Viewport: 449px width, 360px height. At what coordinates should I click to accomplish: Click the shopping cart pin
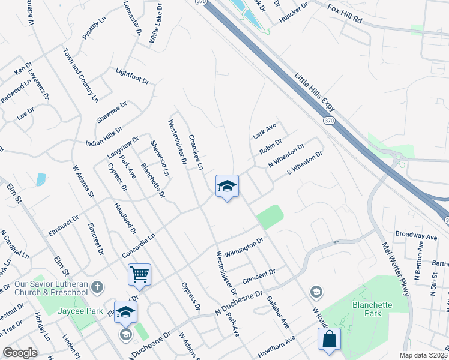[x=139, y=275]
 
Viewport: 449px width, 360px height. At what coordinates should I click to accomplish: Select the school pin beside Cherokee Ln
[x=227, y=186]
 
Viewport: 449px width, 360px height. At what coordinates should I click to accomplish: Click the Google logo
[x=20, y=353]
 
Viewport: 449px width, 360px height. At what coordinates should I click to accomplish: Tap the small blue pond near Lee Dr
[x=41, y=179]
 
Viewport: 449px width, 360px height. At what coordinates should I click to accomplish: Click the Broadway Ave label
[x=416, y=235]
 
